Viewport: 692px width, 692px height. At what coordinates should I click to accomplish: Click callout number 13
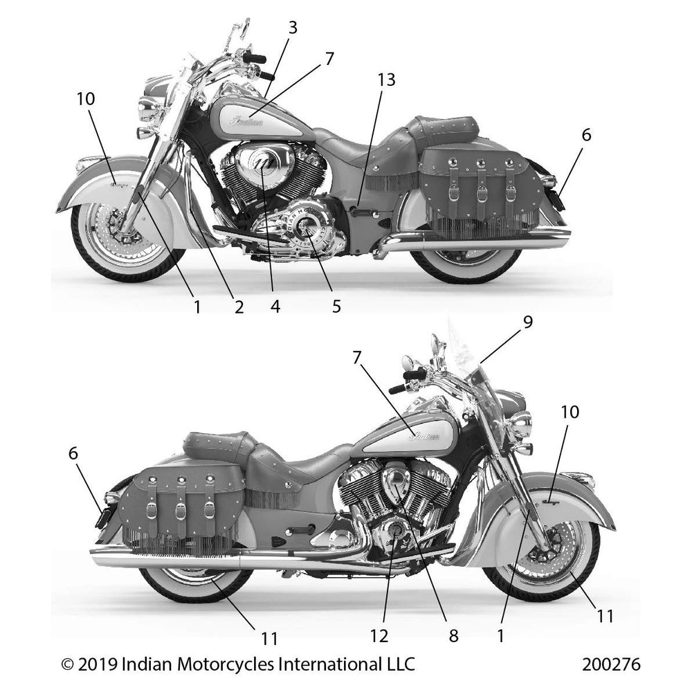click(x=386, y=80)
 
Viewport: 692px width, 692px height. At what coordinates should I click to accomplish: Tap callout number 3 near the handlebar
click(x=293, y=28)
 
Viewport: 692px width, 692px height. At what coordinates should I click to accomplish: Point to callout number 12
click(x=379, y=635)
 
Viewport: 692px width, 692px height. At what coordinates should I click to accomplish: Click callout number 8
click(x=453, y=635)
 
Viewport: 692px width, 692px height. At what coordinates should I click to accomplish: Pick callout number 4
click(x=275, y=305)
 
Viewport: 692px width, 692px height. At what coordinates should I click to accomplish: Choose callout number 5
click(x=336, y=305)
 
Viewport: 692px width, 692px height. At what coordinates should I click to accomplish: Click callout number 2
click(x=238, y=305)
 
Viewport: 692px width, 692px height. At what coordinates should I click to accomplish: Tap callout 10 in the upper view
click(x=86, y=100)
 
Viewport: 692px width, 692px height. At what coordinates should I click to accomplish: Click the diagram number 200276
click(x=611, y=665)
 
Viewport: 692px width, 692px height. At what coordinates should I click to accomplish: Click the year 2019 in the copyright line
click(x=98, y=665)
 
